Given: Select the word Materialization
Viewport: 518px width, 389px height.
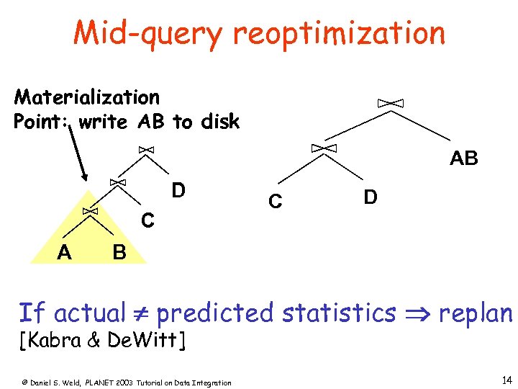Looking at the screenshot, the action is pos(87,97).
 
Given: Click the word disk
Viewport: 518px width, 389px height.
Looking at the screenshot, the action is pos(220,122).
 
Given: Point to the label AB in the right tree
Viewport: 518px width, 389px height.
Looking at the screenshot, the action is pos(463,158).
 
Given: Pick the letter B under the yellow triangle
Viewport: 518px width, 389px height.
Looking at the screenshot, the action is pos(119,252).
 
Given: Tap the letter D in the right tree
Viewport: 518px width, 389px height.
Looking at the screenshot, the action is pos(371,197).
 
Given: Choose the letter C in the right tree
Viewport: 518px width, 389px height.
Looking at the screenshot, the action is pos(275,202).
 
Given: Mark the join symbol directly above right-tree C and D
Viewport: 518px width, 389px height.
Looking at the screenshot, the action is pos(323,148).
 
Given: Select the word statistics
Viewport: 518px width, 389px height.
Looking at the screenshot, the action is pos(340,313).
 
